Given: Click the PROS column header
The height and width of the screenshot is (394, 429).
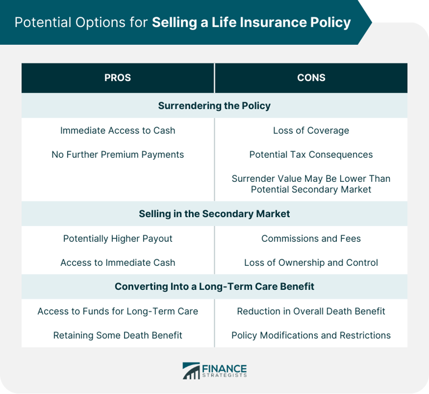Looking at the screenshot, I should (x=117, y=78).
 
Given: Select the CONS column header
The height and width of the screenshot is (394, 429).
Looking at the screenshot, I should (x=311, y=78).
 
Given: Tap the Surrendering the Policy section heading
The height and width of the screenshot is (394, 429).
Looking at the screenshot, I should (x=214, y=106).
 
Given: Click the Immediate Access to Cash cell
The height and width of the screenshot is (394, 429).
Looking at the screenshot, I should (x=118, y=130).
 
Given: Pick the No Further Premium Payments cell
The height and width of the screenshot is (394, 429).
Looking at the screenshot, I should (x=118, y=154).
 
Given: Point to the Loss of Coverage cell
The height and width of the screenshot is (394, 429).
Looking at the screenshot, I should (x=311, y=130).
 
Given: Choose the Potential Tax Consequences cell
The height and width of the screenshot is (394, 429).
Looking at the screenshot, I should (x=311, y=154).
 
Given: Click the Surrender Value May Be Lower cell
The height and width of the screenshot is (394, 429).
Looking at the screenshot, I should (x=311, y=184).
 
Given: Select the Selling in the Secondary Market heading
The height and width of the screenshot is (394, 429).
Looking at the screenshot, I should (x=214, y=214).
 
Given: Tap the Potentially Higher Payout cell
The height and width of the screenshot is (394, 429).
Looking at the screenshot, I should (x=118, y=238).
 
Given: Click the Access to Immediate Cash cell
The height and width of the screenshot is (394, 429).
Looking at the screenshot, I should (x=118, y=262).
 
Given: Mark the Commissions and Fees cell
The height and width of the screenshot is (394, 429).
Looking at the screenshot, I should (x=311, y=238).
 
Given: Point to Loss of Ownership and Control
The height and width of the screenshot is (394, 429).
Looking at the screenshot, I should (x=311, y=262).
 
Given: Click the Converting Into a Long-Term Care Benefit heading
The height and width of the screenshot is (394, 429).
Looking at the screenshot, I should (x=214, y=287).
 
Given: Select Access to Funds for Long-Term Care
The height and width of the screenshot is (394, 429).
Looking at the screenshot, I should (x=118, y=311).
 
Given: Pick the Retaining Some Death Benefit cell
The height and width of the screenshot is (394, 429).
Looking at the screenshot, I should (x=118, y=335).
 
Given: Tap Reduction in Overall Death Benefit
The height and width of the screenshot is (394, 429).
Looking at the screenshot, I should (x=311, y=311).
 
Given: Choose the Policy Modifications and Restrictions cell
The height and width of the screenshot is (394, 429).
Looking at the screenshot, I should (x=311, y=335).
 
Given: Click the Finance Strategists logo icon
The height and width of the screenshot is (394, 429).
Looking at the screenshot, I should (x=191, y=370).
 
